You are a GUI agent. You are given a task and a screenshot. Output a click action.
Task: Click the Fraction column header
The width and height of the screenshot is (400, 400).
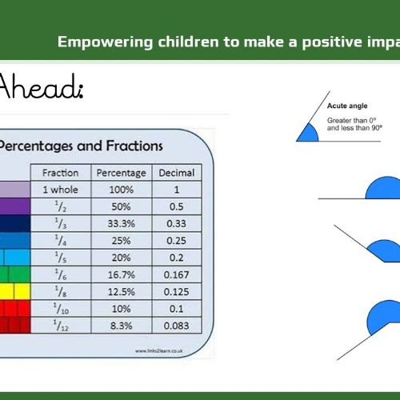pos(61,173)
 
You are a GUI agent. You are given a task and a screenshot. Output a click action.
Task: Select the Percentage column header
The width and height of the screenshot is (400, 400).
pos(122,173)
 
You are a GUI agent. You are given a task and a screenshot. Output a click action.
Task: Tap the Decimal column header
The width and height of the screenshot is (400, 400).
pos(177,173)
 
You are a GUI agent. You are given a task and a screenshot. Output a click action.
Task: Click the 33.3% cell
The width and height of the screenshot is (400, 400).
pos(122,223)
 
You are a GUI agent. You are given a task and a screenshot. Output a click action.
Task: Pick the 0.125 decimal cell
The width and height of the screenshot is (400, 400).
pos(177,292)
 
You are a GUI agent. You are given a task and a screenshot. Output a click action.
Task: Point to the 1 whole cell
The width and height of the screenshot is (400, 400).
pos(61,190)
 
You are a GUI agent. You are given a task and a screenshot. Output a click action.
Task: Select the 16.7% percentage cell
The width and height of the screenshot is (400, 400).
pos(122,274)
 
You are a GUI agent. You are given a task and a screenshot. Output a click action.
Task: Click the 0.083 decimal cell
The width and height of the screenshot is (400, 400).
pos(177,326)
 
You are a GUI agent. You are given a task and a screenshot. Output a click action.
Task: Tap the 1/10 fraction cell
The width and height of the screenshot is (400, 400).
pos(61,309)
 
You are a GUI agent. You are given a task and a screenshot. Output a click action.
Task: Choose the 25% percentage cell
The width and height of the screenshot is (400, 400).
pos(122,241)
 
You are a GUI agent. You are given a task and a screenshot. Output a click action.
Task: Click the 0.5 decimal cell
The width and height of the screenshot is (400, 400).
pos(177,206)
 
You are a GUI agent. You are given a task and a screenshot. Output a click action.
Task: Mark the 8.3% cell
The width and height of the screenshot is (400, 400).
pos(122,326)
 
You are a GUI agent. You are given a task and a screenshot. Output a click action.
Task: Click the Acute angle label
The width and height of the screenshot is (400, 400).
pos(347,106)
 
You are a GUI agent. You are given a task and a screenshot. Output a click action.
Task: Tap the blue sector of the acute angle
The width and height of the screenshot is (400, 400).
pos(309,134)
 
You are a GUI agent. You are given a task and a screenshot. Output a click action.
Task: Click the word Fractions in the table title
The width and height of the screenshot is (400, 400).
pos(134,146)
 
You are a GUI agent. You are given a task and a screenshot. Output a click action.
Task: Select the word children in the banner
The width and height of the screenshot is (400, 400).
pos(188,42)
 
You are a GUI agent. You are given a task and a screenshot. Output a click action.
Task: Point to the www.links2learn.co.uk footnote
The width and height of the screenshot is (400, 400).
pos(159,350)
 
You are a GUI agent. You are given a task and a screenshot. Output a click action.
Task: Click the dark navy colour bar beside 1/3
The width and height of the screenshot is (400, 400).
pos(15,223)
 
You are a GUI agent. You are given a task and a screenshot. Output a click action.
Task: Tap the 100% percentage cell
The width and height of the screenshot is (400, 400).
pos(122,190)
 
